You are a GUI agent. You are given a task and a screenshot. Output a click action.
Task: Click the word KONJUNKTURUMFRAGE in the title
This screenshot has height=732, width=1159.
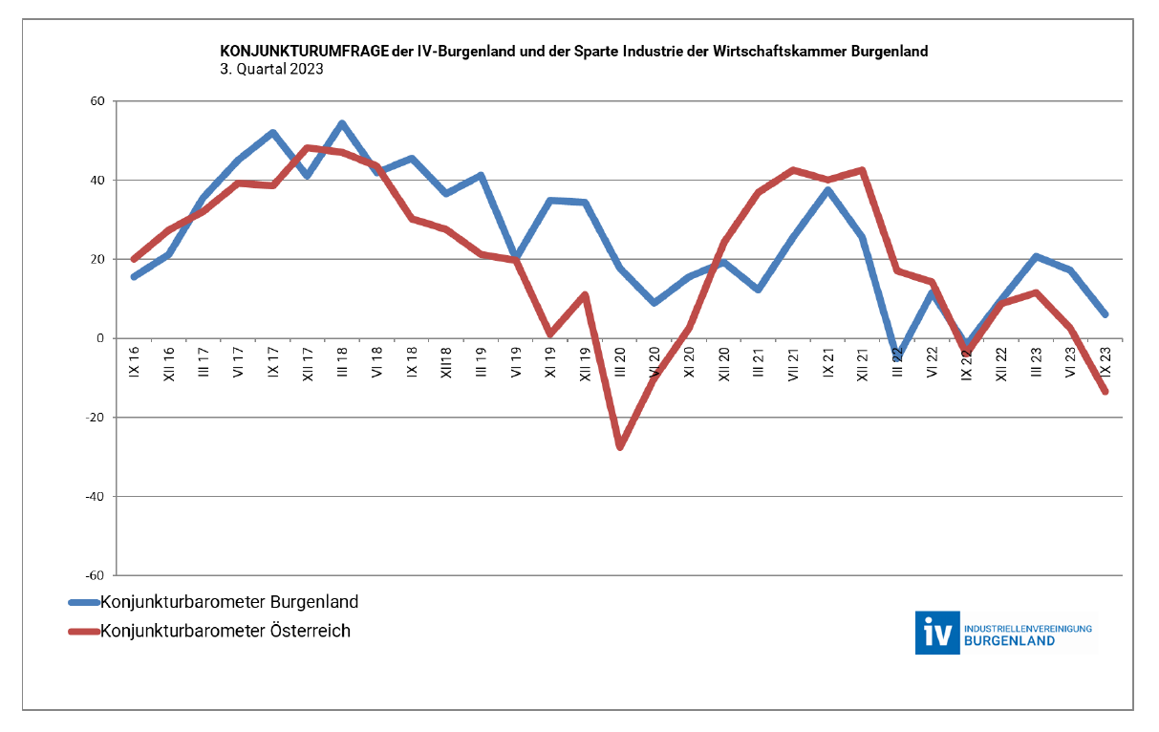(x=305, y=52)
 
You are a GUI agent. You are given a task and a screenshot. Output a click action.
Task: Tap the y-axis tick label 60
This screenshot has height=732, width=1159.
(x=97, y=101)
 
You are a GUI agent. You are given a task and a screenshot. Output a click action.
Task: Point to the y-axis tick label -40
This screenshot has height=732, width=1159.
(x=94, y=497)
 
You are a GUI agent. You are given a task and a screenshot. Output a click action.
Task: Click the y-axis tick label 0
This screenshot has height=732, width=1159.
(x=100, y=338)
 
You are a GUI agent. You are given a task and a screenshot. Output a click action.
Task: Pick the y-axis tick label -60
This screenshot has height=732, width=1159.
(x=94, y=575)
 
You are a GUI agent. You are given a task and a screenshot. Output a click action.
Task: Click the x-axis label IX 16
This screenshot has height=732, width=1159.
(x=134, y=361)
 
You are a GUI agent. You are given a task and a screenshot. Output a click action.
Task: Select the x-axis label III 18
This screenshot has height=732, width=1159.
(x=342, y=361)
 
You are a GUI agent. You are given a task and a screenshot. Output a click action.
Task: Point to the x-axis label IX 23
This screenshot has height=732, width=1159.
(x=1105, y=361)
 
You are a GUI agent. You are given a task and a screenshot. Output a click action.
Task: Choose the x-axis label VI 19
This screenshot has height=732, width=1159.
(x=516, y=361)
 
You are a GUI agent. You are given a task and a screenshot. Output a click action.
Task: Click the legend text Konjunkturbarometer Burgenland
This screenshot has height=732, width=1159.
(x=229, y=602)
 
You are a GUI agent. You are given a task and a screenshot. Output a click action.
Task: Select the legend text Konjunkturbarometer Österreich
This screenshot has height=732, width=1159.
(x=225, y=631)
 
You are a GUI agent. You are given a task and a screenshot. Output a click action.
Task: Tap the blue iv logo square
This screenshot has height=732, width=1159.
(x=936, y=633)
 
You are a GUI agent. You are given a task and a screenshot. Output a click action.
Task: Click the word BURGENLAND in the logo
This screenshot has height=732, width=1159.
(x=1010, y=640)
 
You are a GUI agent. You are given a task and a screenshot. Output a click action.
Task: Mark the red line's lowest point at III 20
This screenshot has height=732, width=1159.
(x=619, y=446)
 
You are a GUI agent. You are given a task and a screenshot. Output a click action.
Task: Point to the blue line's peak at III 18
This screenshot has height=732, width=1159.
(x=342, y=123)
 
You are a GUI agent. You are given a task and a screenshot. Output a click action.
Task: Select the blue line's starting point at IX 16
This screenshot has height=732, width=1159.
(x=134, y=277)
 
